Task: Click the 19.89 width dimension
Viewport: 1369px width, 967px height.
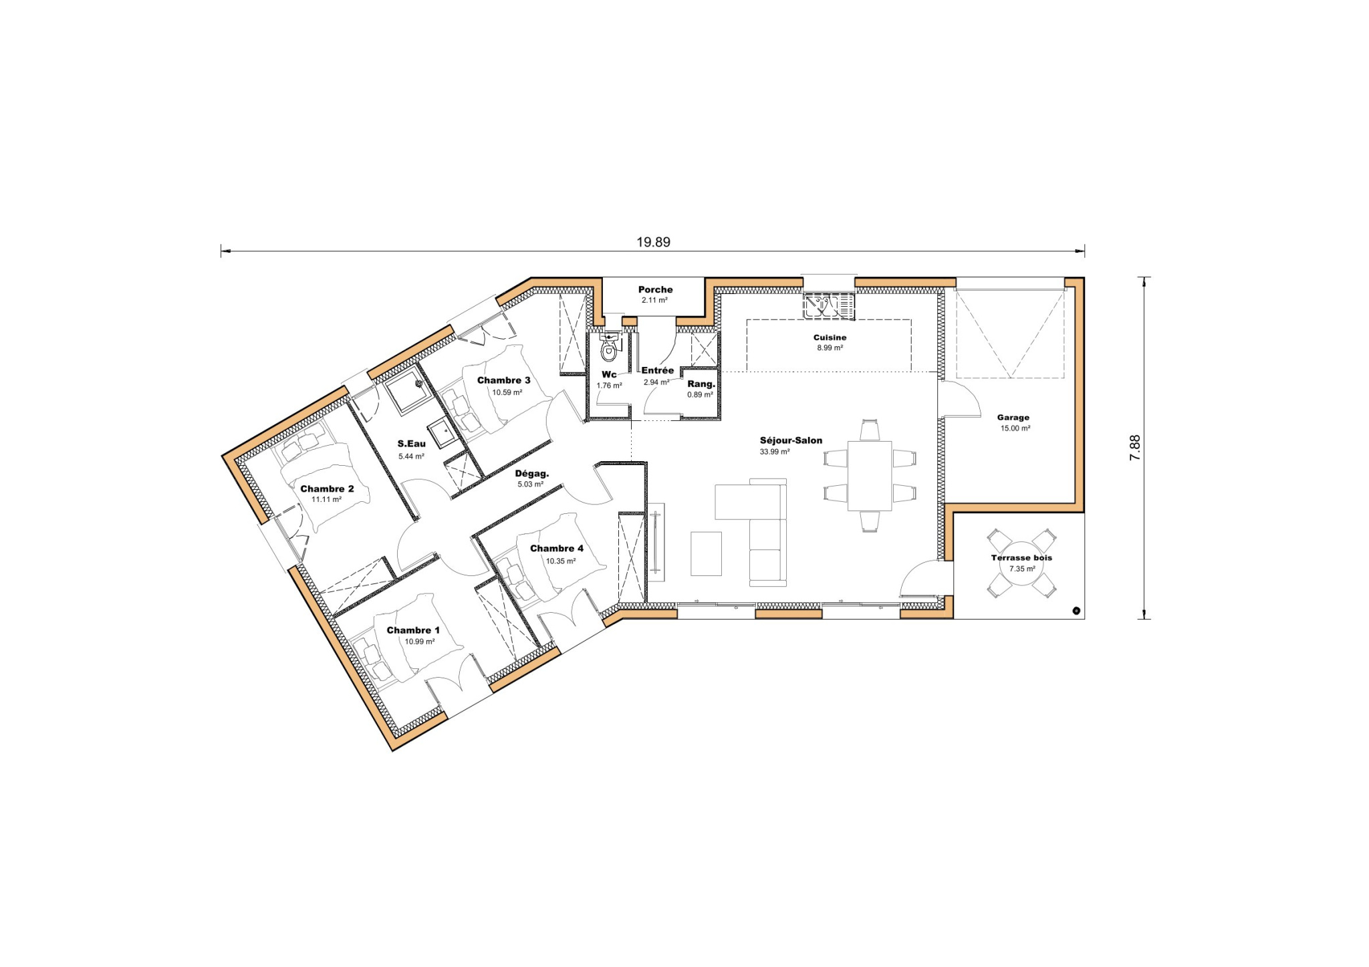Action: click(653, 243)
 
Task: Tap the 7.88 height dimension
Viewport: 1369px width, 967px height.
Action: click(1134, 448)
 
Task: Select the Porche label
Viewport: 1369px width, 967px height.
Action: click(655, 289)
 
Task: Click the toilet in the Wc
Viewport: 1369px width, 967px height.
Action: click(608, 349)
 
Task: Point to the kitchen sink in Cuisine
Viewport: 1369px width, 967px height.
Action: click(829, 307)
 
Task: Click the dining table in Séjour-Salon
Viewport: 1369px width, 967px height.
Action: click(869, 475)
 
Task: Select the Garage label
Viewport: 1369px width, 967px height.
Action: click(1013, 418)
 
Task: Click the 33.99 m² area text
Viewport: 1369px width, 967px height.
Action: click(775, 452)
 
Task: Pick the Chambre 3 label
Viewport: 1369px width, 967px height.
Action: click(503, 380)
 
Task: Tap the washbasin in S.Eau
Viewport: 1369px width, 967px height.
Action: click(441, 434)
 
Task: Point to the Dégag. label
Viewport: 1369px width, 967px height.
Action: click(531, 474)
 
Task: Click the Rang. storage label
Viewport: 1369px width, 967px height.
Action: click(701, 384)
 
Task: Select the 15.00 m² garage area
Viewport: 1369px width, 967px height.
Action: click(1015, 428)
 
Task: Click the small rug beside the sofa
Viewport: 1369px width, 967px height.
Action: click(706, 553)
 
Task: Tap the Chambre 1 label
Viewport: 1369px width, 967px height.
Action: click(413, 630)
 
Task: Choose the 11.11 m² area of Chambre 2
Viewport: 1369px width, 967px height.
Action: click(326, 499)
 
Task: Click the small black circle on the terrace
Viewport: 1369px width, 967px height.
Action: click(1076, 610)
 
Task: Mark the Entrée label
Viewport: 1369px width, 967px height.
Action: click(658, 370)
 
